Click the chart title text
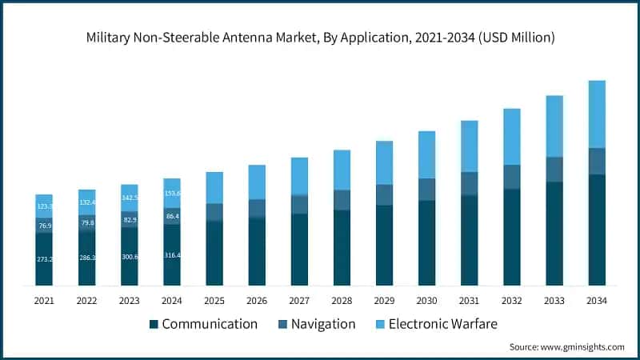[320, 38]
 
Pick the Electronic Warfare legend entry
[436, 324]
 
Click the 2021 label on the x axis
[44, 300]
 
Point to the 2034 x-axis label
[597, 300]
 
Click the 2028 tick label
[342, 300]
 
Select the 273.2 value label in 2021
[44, 259]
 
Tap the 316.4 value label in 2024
[171, 254]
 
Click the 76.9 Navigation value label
[44, 226]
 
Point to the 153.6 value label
[171, 193]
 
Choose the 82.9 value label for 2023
[130, 219]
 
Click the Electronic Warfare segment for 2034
[597, 114]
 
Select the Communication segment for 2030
[427, 242]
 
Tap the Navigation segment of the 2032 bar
[512, 177]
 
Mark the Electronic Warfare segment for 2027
[299, 176]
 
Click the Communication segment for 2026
[257, 251]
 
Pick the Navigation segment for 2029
[384, 194]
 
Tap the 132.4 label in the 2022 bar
[86, 202]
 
